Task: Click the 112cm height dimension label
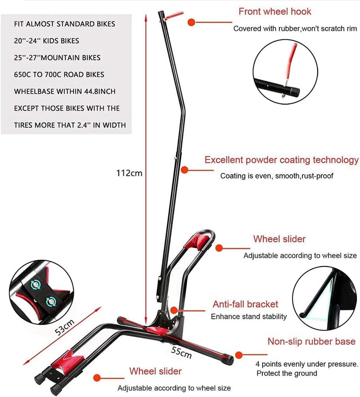pos(129,173)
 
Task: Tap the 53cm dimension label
pos(65,327)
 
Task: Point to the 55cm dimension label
pos(181,352)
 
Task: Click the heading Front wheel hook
pos(274,12)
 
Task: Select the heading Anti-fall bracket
pos(245,304)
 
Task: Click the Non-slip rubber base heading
pos(311,341)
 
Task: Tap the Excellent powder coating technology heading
pos(282,160)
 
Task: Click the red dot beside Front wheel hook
pos(191,23)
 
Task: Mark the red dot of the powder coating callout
pos(184,170)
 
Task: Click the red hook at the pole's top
pos(173,16)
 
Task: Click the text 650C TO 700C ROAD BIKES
pos(59,75)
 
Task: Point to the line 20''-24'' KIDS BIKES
pos(47,41)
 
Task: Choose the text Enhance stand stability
pos(248,316)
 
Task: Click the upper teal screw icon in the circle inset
pos(36,285)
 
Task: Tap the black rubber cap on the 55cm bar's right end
pos(229,360)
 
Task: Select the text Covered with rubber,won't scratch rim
pos(295,29)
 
